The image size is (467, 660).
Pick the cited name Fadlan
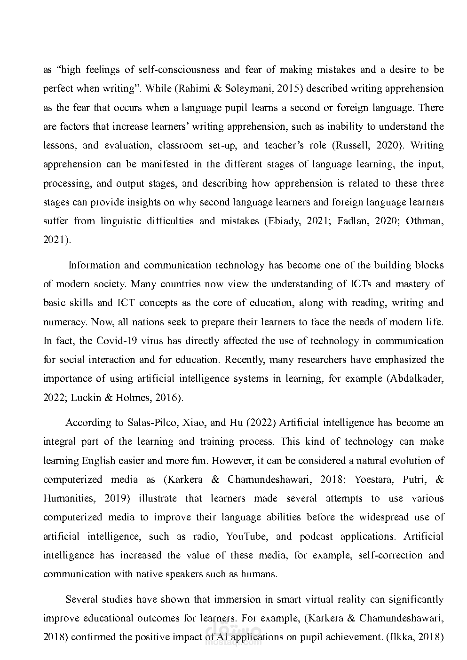coord(353,221)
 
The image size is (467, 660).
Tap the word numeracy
coord(63,322)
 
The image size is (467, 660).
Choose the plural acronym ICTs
coord(362,284)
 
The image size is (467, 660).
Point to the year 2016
coord(167,398)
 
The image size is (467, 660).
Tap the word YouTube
coord(246,536)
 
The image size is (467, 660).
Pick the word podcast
coord(316,536)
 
